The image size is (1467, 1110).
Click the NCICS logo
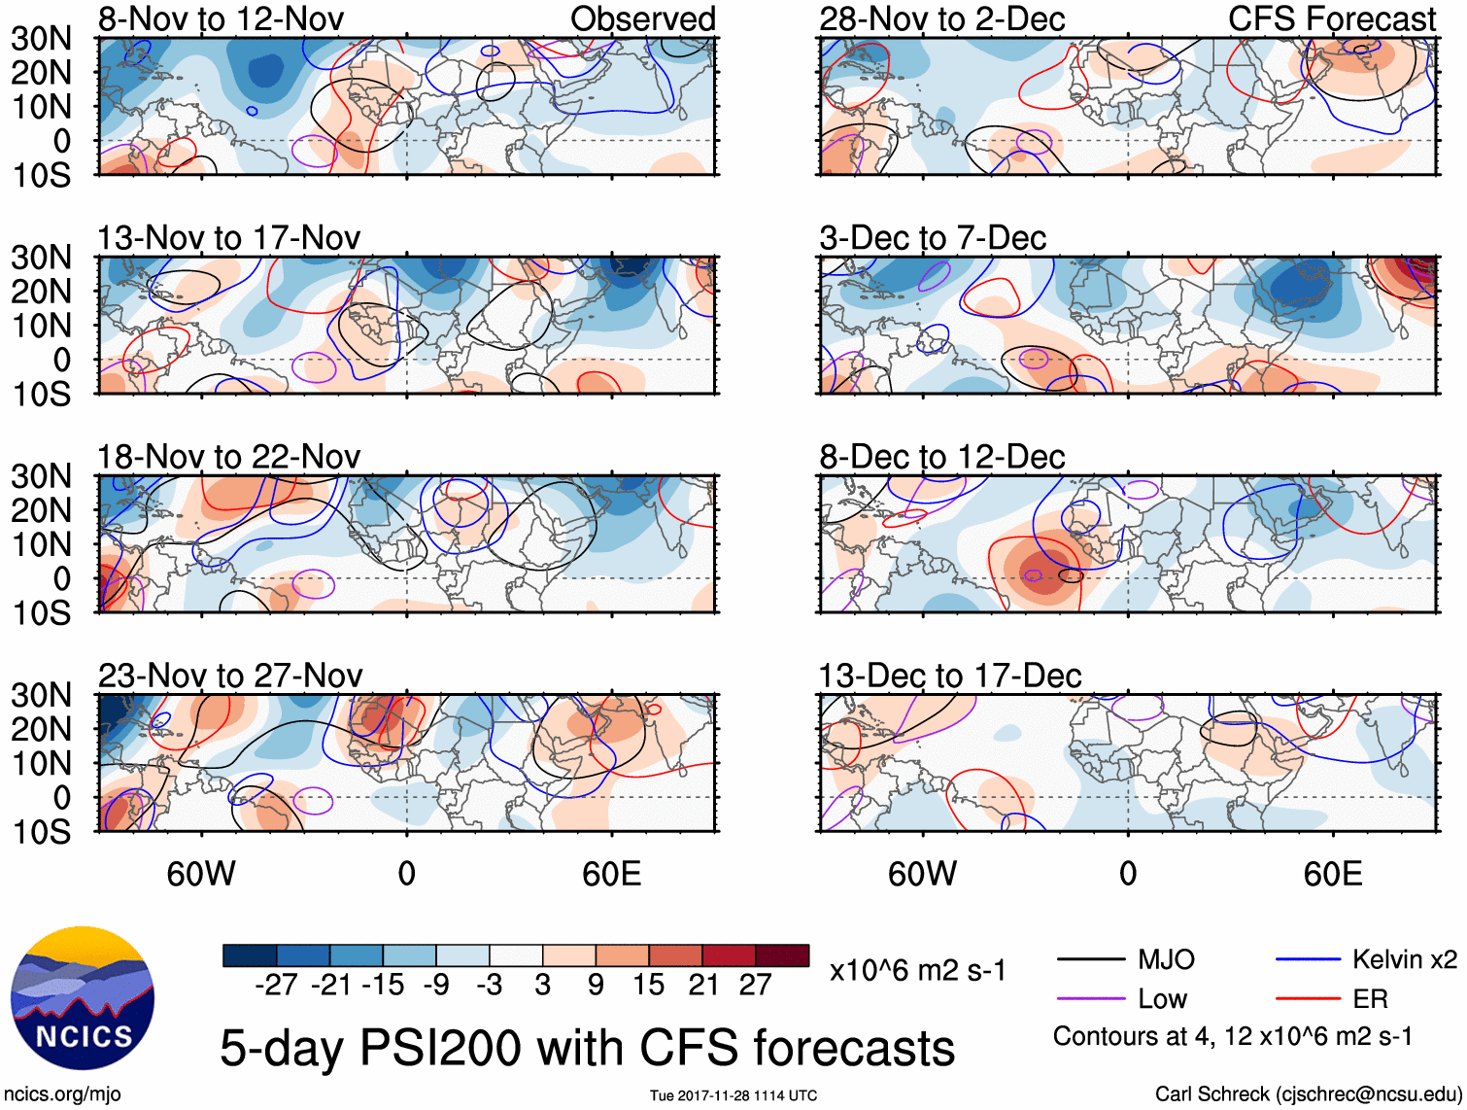[83, 997]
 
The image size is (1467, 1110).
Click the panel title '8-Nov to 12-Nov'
[221, 19]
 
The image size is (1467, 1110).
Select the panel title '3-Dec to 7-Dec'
[933, 238]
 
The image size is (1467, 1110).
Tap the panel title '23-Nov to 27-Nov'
[230, 676]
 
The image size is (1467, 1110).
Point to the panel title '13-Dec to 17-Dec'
[950, 676]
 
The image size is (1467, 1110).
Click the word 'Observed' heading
[642, 19]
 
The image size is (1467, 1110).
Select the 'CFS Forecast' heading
[1332, 19]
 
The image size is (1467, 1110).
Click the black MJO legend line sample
[1090, 960]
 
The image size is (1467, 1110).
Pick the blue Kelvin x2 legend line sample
[1307, 960]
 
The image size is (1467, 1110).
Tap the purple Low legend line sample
[1090, 999]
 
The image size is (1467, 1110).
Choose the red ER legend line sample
[1307, 999]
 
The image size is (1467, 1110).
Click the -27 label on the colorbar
[276, 986]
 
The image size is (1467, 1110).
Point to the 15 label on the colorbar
[648, 986]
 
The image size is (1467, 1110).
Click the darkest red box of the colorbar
[782, 955]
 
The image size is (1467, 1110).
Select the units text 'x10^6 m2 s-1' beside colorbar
[917, 970]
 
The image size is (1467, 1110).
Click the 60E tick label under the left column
[611, 875]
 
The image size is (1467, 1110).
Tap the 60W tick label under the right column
[922, 875]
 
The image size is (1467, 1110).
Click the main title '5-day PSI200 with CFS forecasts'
[587, 1048]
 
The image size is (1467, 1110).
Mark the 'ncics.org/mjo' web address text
[62, 1094]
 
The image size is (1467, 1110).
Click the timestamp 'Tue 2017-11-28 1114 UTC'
[733, 1096]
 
